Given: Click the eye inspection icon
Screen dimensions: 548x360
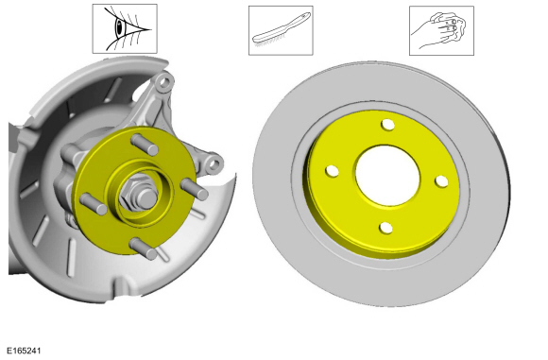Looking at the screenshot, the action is point(125,28).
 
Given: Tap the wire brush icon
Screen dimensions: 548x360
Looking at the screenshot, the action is point(281,30).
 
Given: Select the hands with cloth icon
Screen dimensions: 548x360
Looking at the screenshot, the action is point(441,30).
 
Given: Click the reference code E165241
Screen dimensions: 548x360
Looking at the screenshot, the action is point(24,351).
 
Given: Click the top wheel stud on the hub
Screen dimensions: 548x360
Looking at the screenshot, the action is point(145,145).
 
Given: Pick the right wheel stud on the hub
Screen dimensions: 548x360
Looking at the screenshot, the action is point(194,189).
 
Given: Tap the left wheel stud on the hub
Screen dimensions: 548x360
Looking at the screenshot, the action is point(94,204).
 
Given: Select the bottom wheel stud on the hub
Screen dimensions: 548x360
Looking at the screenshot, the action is point(144,249).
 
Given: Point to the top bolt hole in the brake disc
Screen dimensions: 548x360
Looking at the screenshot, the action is point(387,125).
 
